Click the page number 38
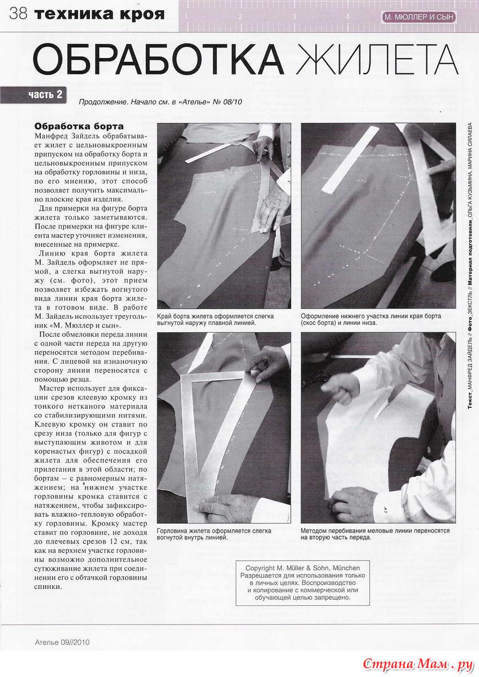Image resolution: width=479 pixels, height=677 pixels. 18,14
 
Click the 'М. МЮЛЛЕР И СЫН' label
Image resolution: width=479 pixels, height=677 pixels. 419,17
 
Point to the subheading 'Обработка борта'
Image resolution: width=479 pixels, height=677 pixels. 79,126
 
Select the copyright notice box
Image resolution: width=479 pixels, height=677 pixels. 302,583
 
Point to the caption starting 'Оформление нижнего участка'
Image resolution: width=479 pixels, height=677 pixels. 371,320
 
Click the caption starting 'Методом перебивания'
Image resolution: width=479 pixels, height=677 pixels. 375,534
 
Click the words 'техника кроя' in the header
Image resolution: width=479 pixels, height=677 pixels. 99,14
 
